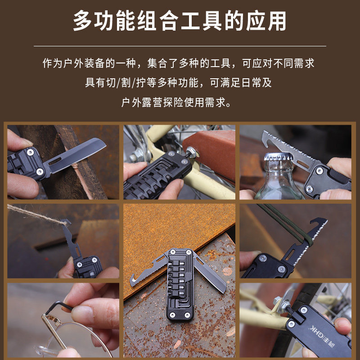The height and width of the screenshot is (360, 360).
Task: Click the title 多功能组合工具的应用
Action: pos(180,21)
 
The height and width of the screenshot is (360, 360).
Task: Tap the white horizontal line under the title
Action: pos(180,46)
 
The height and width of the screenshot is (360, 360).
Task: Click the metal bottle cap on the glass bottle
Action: pos(278,157)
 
